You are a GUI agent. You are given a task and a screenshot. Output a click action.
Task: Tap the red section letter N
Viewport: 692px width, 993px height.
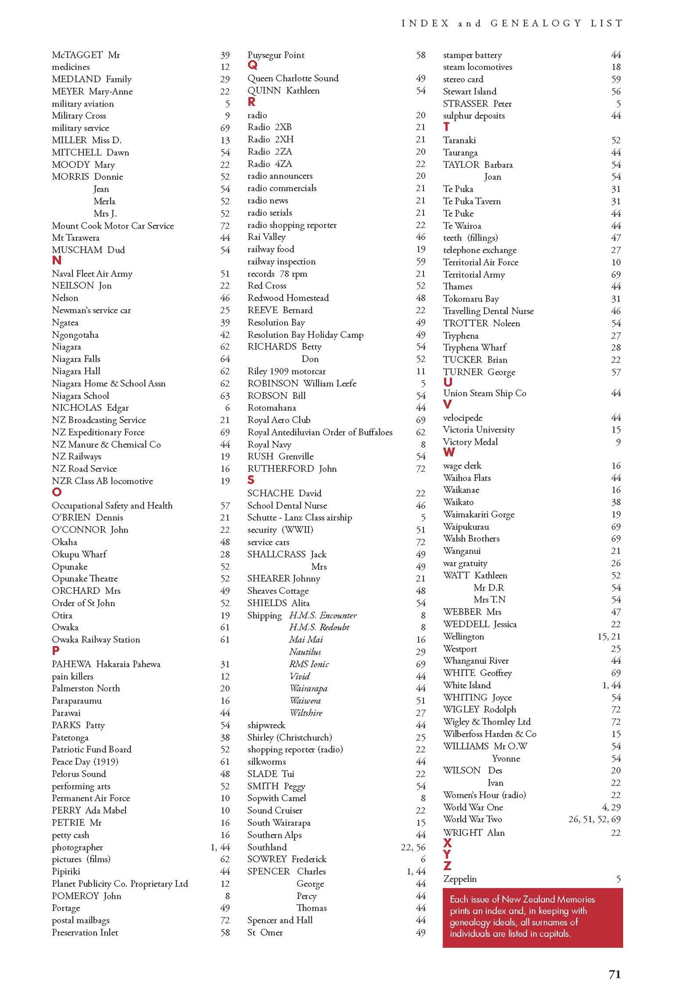[x=57, y=261]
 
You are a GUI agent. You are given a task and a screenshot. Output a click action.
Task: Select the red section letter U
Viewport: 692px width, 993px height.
[x=448, y=382]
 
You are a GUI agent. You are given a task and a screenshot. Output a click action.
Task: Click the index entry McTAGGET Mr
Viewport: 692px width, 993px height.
[x=86, y=55]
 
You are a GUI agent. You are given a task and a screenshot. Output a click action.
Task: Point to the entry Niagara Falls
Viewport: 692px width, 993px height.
[x=76, y=359]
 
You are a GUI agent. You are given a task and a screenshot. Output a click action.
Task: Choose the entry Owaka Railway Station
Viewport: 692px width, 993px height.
[x=96, y=640]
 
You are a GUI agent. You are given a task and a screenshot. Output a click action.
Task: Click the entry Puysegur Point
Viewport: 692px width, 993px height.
[x=276, y=55]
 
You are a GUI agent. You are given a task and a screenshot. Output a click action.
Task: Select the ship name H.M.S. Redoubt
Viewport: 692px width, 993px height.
[x=319, y=627]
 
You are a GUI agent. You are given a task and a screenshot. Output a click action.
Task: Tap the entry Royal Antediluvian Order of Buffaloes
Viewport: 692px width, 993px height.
[x=320, y=432]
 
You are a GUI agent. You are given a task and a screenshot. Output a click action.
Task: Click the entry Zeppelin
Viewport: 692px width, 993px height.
[x=460, y=879]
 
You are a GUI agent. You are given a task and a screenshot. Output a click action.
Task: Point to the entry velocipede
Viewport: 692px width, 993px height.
[x=462, y=418]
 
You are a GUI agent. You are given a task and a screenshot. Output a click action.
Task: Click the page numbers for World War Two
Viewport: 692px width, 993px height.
[x=594, y=819]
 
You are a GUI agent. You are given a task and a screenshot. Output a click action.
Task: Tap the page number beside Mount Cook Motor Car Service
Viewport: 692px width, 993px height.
[x=225, y=226]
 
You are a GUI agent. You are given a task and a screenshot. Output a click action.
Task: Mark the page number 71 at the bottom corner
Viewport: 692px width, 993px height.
[x=614, y=975]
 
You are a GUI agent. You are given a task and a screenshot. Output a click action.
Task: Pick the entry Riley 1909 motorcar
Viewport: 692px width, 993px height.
[x=286, y=371]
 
